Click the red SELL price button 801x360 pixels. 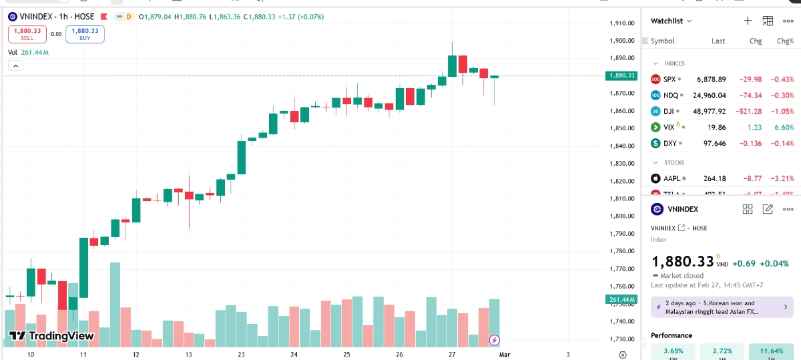[x=27, y=34]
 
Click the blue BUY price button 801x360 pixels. [x=85, y=34]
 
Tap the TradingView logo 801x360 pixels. [x=52, y=335]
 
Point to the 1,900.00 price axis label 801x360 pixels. [x=621, y=41]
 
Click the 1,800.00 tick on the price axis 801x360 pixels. [x=621, y=216]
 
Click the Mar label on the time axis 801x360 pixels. [x=505, y=355]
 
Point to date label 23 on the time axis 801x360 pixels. [x=241, y=355]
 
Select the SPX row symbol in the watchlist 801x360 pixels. [x=670, y=79]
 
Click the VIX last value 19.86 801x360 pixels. [x=716, y=127]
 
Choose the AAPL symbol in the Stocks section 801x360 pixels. [x=672, y=178]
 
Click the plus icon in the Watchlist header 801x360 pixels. [x=748, y=21]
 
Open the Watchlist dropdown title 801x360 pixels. [x=671, y=21]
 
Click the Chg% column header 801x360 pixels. [x=786, y=41]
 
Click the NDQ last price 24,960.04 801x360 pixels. [x=712, y=96]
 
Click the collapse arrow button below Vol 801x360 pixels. [x=15, y=65]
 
